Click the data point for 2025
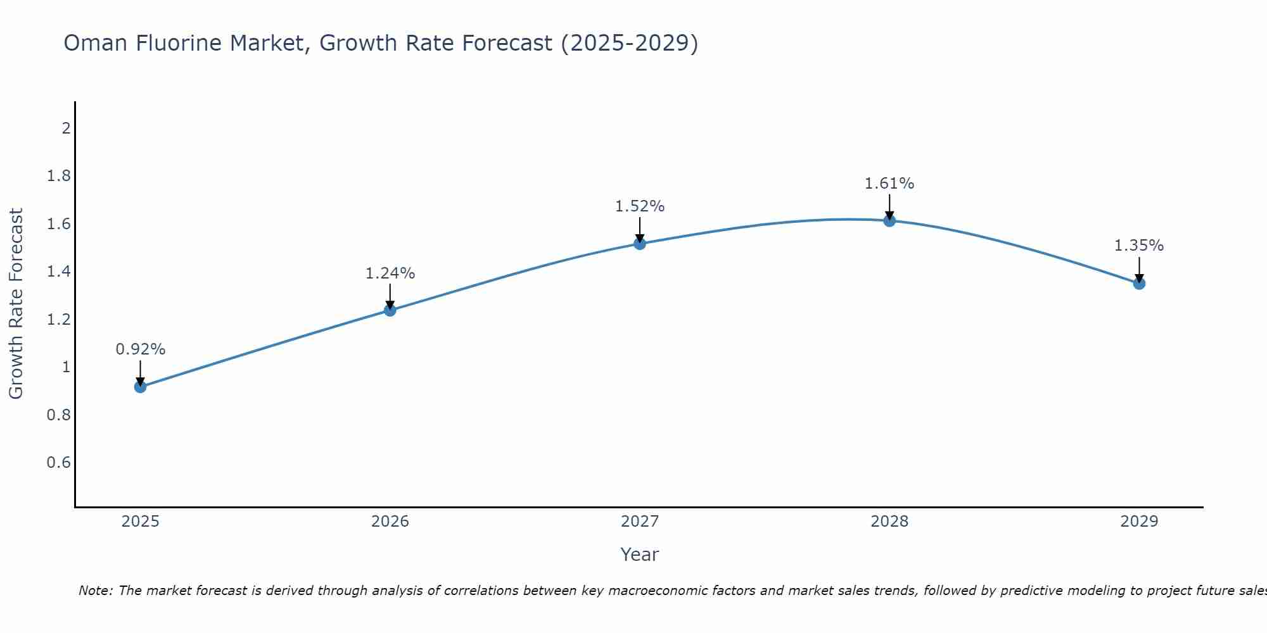(x=141, y=387)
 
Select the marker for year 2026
(x=390, y=310)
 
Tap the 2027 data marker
(x=640, y=244)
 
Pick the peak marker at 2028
(x=889, y=221)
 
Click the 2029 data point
(x=1139, y=284)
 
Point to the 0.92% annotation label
(x=141, y=349)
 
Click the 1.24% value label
(x=390, y=273)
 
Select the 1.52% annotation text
(x=640, y=206)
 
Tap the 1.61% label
(x=889, y=184)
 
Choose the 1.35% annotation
(x=1139, y=246)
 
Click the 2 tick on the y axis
(x=66, y=128)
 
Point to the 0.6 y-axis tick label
(x=58, y=463)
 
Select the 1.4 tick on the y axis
(x=58, y=272)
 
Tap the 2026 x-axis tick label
(x=390, y=522)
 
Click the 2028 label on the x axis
(x=889, y=522)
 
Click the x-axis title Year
(x=640, y=555)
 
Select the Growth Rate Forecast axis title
(x=16, y=304)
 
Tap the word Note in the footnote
(x=95, y=591)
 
